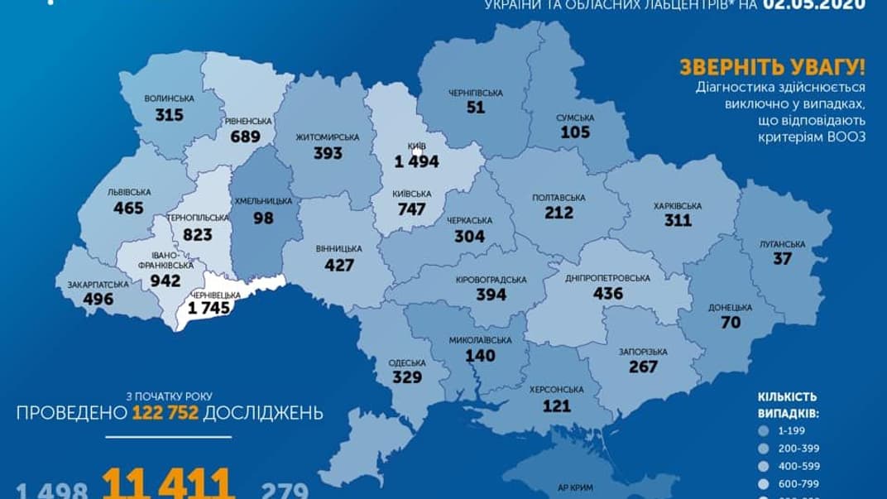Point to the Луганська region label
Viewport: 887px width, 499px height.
pos(782,244)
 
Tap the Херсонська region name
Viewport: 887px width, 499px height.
pos(556,389)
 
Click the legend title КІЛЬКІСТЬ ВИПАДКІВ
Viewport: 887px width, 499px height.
pos(795,403)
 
